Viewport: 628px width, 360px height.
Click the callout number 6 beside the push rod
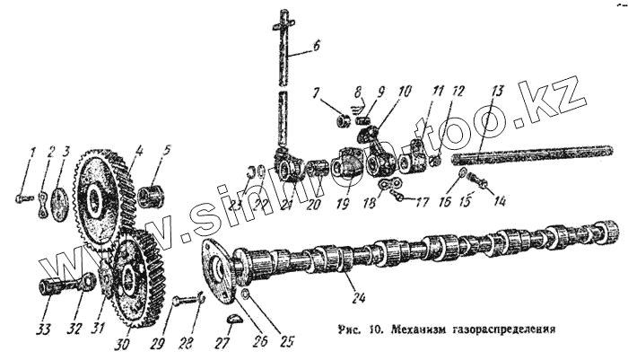(x=316, y=44)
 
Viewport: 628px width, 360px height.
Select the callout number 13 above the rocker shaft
(x=498, y=90)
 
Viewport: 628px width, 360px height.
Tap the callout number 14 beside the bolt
(x=499, y=201)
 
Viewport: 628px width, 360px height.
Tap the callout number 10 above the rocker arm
(x=405, y=90)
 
